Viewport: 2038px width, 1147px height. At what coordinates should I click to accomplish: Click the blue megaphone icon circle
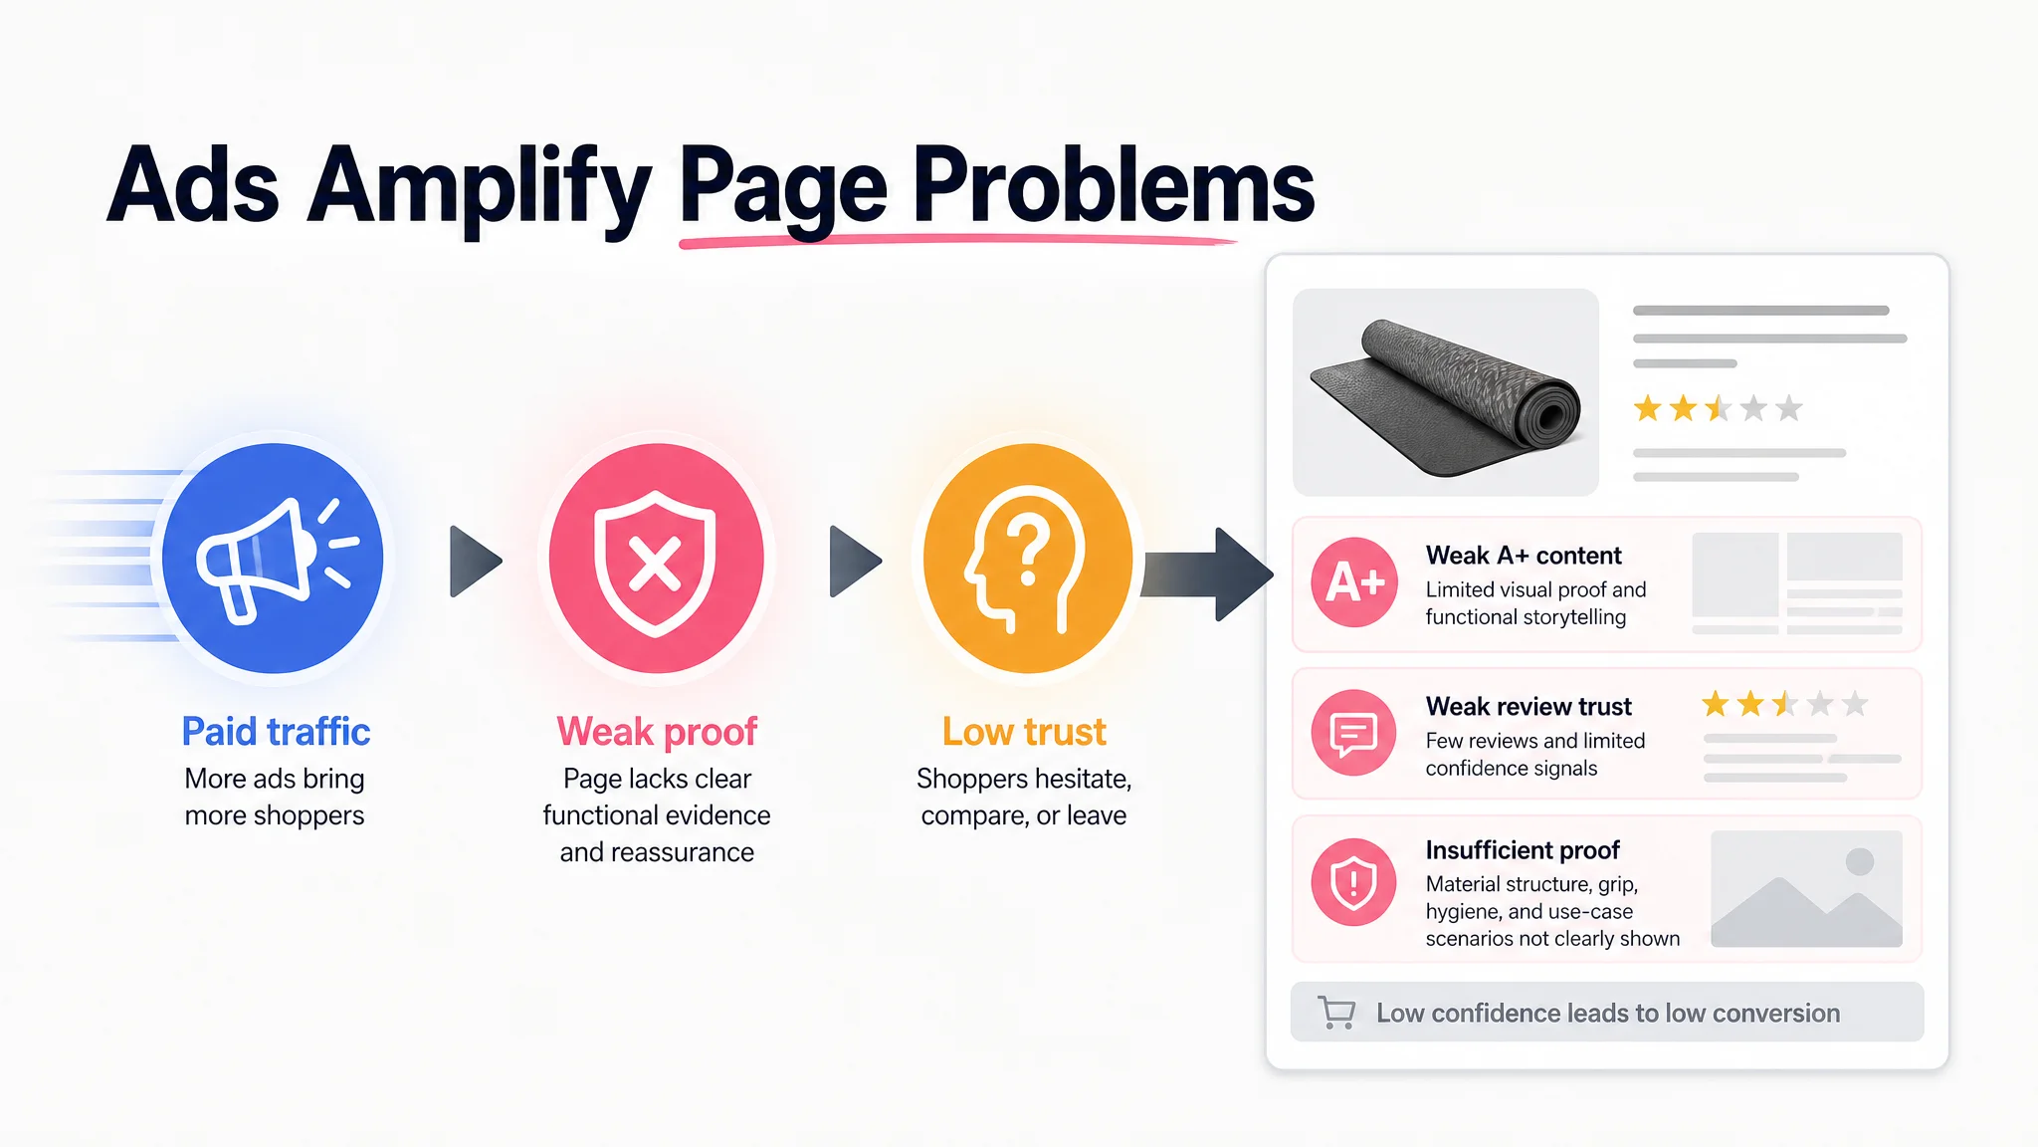[x=273, y=558]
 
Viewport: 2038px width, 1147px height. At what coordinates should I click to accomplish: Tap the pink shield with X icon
[x=657, y=558]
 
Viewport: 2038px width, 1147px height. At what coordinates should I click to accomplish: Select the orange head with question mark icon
[x=1028, y=558]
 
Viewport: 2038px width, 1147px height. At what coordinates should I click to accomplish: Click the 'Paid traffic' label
[x=276, y=732]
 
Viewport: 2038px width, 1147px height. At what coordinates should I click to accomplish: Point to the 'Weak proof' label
[x=657, y=732]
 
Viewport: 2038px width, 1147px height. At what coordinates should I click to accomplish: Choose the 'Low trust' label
[x=1024, y=732]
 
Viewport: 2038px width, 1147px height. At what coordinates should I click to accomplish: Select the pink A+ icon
[x=1354, y=582]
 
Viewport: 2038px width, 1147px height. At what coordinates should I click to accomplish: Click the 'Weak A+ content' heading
[x=1524, y=556]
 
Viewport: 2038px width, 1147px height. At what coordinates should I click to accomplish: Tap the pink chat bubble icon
[x=1354, y=733]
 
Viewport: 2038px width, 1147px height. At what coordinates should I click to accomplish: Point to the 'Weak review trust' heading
[x=1528, y=707]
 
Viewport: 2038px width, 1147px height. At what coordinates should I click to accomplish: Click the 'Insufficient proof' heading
[x=1523, y=850]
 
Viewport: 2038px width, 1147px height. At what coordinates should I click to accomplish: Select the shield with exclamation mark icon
[x=1354, y=882]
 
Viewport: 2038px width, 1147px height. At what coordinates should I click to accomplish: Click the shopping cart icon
[x=1336, y=1013]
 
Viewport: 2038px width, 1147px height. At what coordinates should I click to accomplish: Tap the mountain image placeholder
[x=1806, y=888]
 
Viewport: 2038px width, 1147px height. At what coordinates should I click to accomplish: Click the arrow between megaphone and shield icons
[x=476, y=562]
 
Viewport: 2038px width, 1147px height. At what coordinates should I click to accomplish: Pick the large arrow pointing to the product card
[x=1208, y=574]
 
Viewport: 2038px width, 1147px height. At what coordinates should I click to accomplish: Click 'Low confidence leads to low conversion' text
[x=1608, y=1014]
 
